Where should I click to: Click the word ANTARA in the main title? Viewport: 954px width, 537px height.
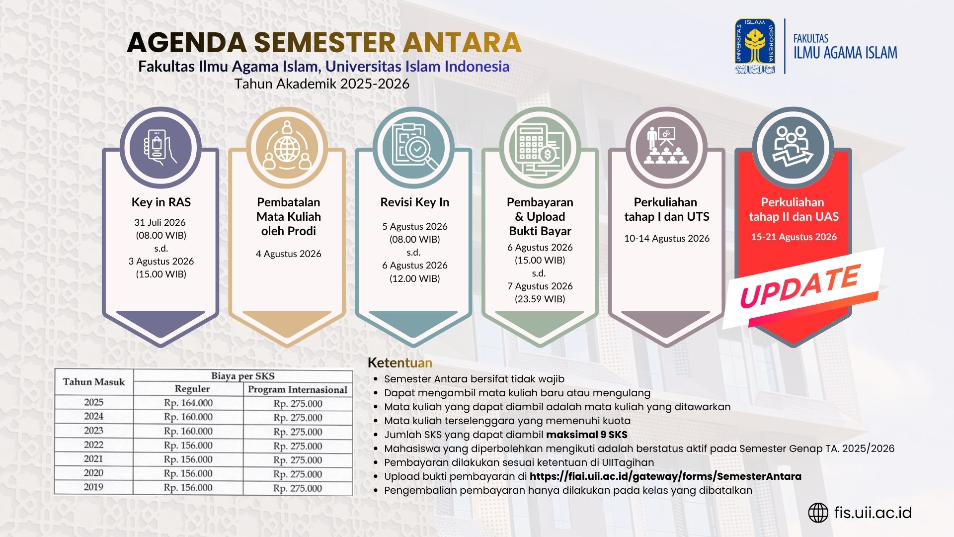[462, 42]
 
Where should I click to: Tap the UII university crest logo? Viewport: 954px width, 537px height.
[755, 46]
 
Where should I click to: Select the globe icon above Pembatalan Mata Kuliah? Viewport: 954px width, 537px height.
[287, 147]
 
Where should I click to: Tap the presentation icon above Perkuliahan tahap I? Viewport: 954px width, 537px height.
[666, 146]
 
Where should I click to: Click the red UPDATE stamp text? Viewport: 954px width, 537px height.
[800, 286]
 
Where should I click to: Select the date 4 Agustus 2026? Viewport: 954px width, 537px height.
[289, 254]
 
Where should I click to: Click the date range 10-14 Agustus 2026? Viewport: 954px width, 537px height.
[667, 238]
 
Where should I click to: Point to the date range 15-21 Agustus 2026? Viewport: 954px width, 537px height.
[794, 237]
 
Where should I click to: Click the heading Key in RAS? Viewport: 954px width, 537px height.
[161, 202]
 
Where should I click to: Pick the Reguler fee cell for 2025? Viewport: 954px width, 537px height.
[188, 403]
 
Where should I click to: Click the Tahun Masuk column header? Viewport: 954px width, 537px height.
[94, 382]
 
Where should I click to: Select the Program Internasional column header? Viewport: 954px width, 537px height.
[298, 389]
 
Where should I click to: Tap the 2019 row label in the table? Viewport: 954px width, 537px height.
[93, 487]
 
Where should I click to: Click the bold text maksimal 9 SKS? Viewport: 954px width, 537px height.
[587, 435]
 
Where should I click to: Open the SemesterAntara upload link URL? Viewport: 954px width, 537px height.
[665, 476]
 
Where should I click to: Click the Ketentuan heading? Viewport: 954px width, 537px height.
[400, 362]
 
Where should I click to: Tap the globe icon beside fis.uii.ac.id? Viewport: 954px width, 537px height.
[818, 513]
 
